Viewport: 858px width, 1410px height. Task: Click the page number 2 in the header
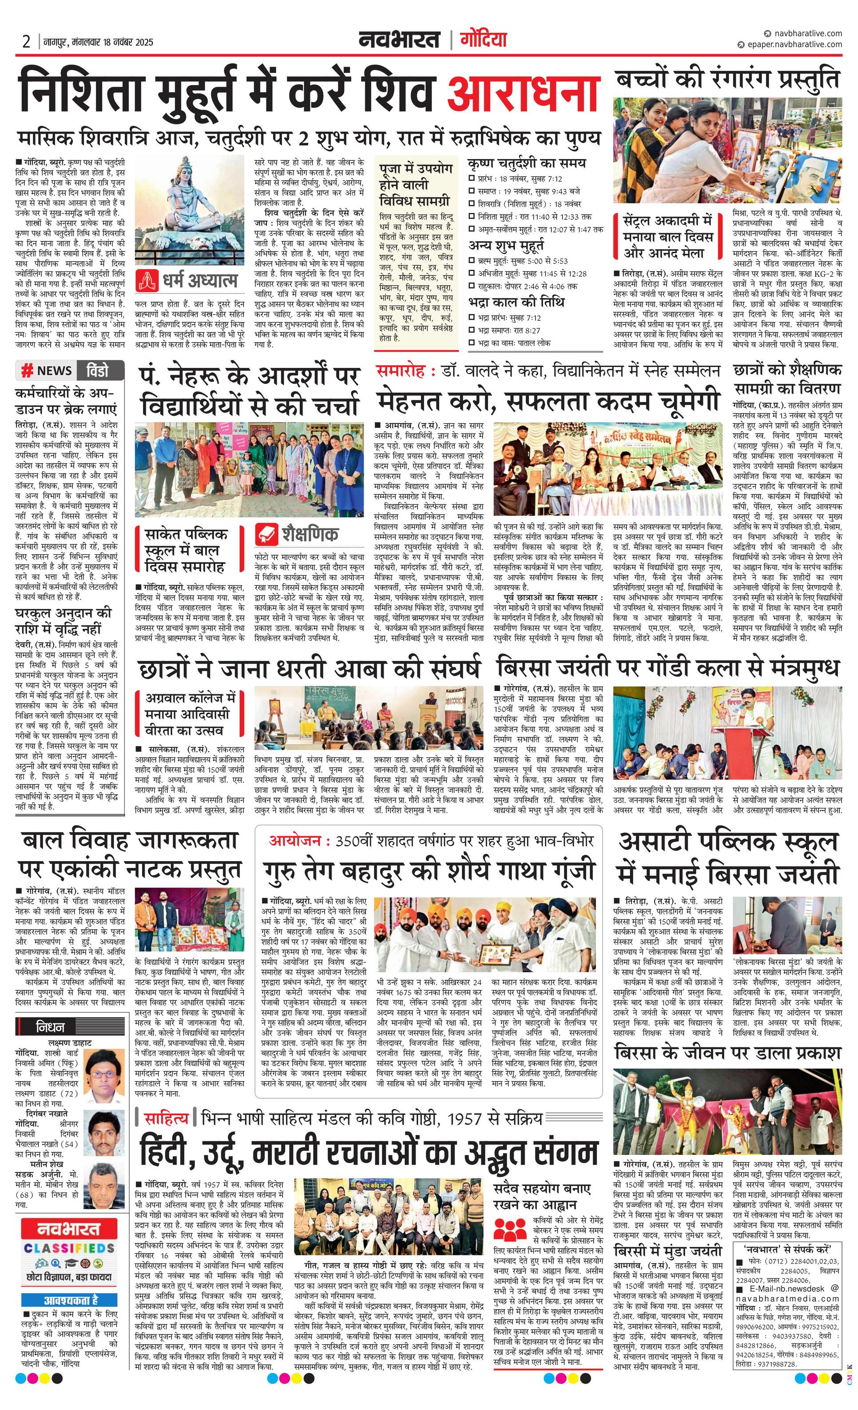[26, 42]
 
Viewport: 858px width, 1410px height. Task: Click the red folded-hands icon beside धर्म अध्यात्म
[147, 280]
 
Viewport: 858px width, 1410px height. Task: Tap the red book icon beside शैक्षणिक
[266, 534]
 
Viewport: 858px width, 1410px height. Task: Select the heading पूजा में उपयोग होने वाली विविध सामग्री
[415, 185]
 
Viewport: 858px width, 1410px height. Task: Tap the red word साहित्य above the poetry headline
[166, 1118]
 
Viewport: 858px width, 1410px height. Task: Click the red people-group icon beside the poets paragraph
[508, 1229]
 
